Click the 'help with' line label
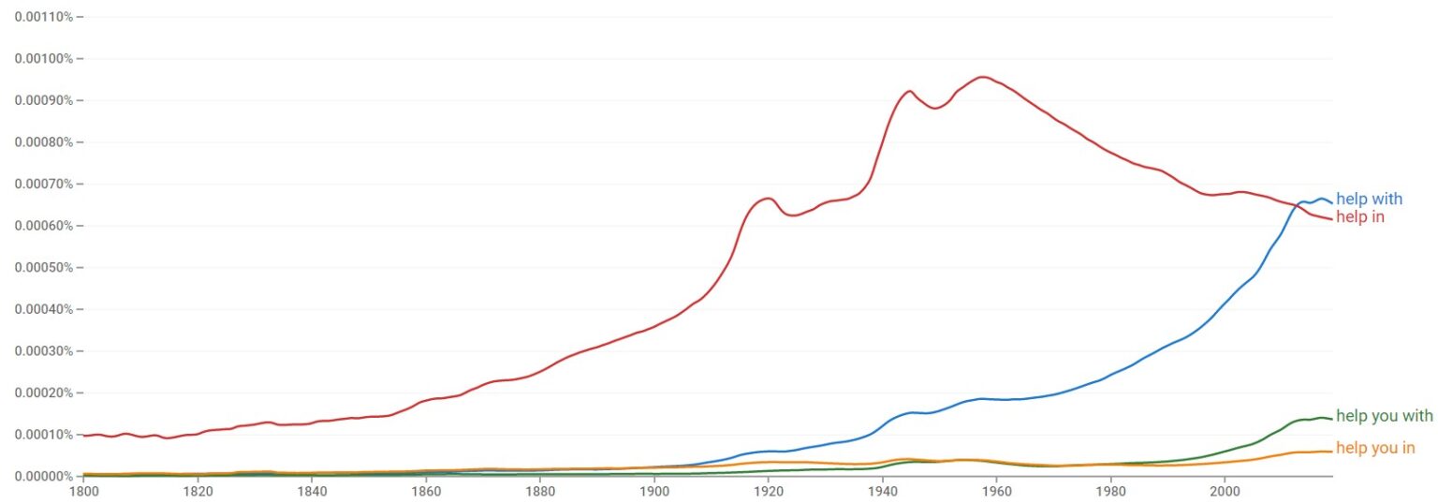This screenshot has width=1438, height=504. click(1369, 199)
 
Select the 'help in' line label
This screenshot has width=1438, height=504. click(1359, 217)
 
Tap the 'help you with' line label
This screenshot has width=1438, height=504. click(1384, 416)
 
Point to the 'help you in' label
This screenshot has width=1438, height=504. click(1374, 448)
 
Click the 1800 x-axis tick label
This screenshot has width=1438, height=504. click(83, 490)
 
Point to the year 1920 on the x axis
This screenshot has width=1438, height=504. click(768, 490)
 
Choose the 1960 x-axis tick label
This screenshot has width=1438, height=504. click(996, 490)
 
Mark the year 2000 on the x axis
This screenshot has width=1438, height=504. click(1225, 490)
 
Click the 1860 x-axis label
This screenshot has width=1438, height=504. click(426, 490)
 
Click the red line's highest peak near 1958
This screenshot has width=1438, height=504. click(983, 77)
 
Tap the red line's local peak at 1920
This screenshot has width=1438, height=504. click(767, 198)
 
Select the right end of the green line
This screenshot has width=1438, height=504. click(1331, 419)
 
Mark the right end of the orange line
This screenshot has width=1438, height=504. click(1331, 451)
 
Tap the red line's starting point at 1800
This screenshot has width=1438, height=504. click(84, 436)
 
